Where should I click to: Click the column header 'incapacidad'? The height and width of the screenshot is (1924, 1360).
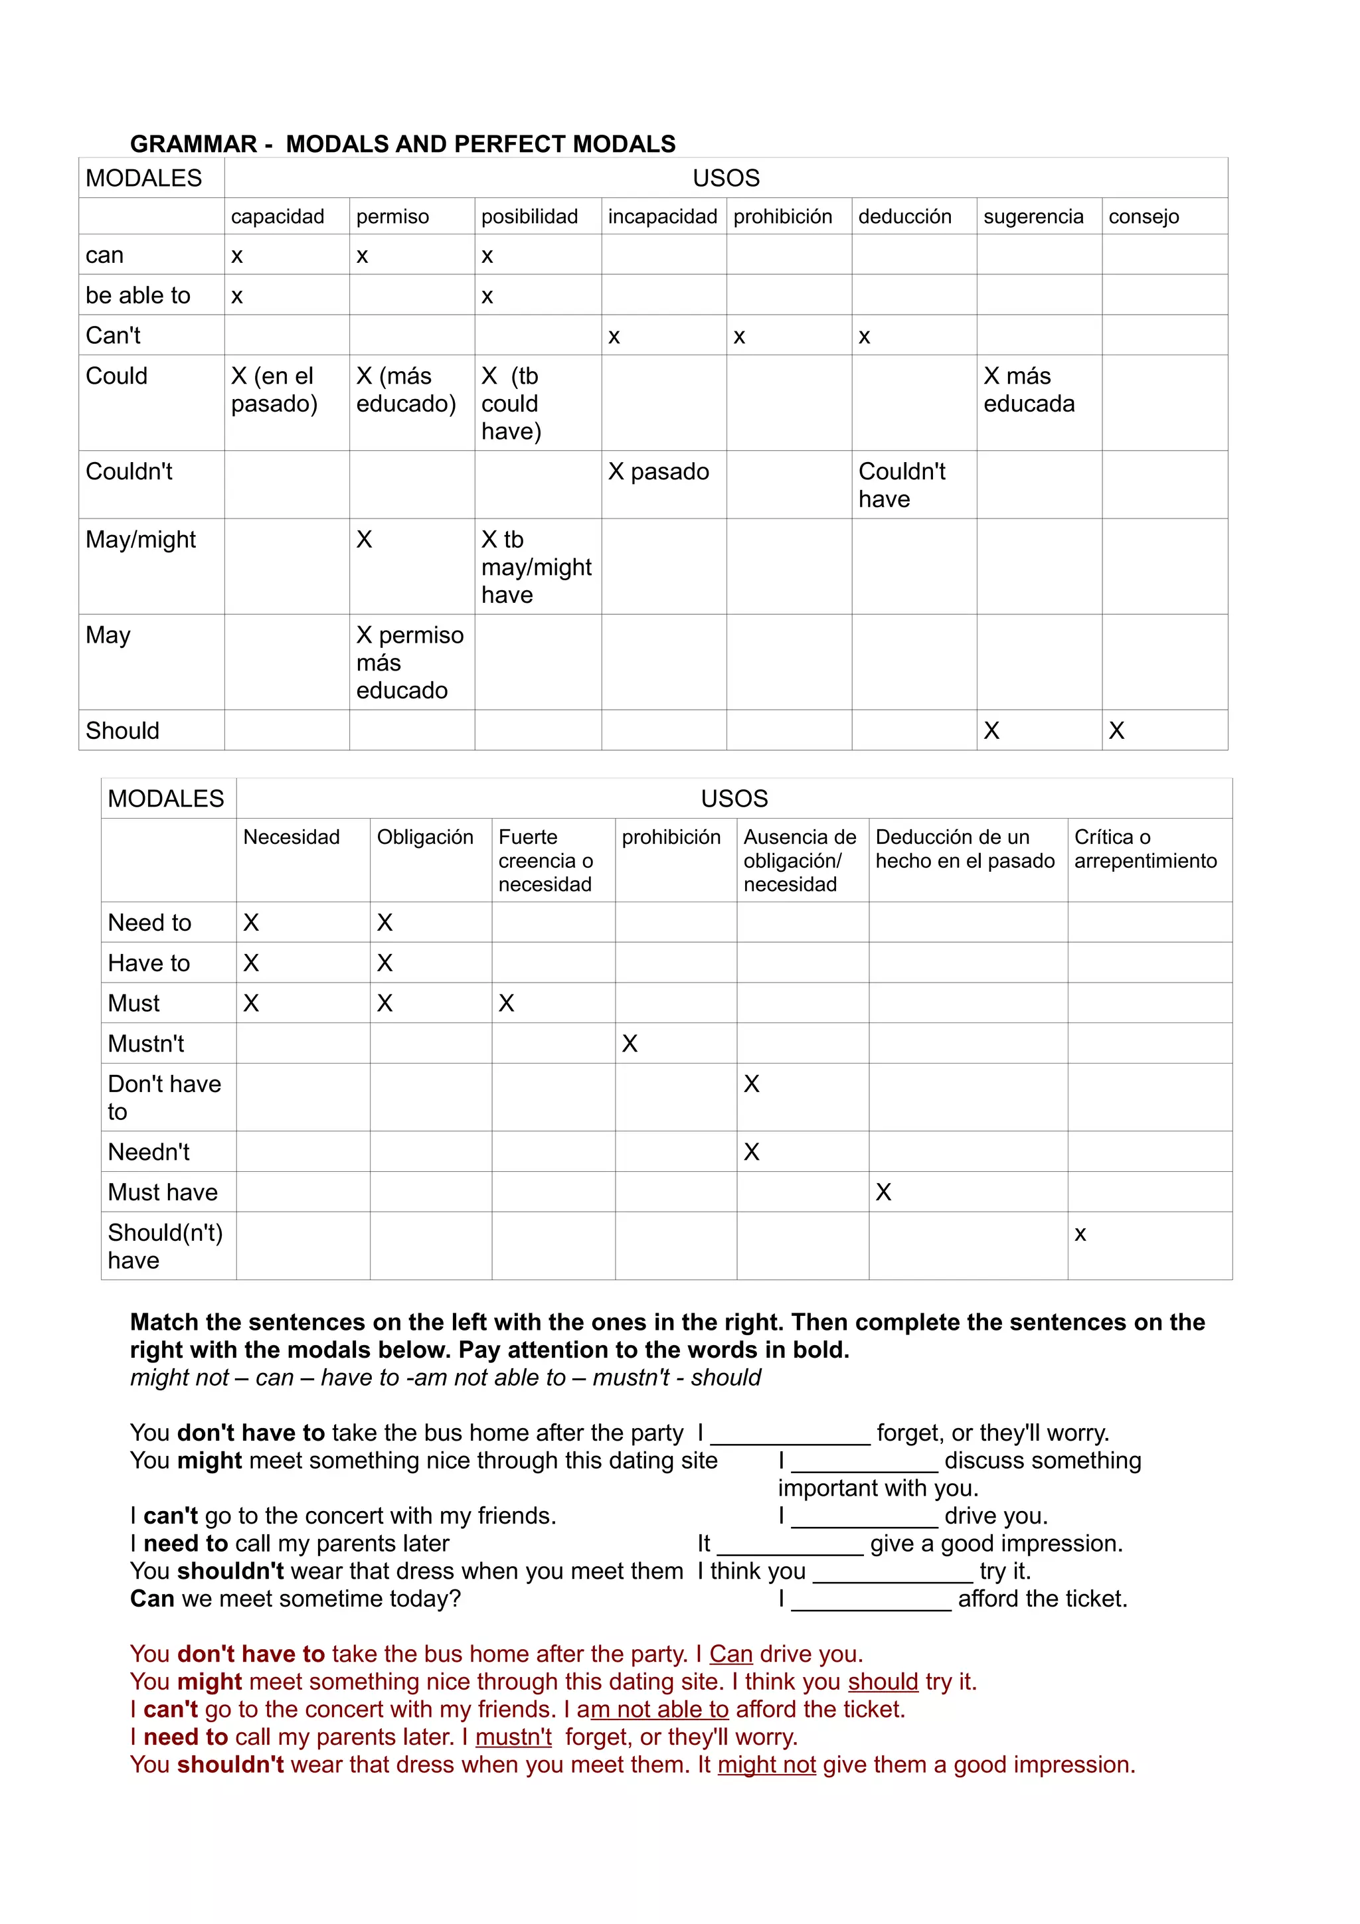662,216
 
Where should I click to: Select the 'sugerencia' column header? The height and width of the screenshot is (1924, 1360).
1033,216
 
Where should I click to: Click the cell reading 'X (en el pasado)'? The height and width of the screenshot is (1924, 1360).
274,390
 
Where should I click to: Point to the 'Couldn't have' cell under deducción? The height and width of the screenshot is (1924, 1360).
902,485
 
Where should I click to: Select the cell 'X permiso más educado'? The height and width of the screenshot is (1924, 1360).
409,662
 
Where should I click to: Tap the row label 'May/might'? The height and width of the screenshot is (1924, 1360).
141,539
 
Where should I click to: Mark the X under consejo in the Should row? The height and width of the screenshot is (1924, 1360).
1116,731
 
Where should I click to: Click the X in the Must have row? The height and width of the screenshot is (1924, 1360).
883,1192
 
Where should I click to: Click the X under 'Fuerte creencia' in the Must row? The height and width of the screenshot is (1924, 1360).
506,1003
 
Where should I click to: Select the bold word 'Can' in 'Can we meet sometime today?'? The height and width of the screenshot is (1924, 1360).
151,1598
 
